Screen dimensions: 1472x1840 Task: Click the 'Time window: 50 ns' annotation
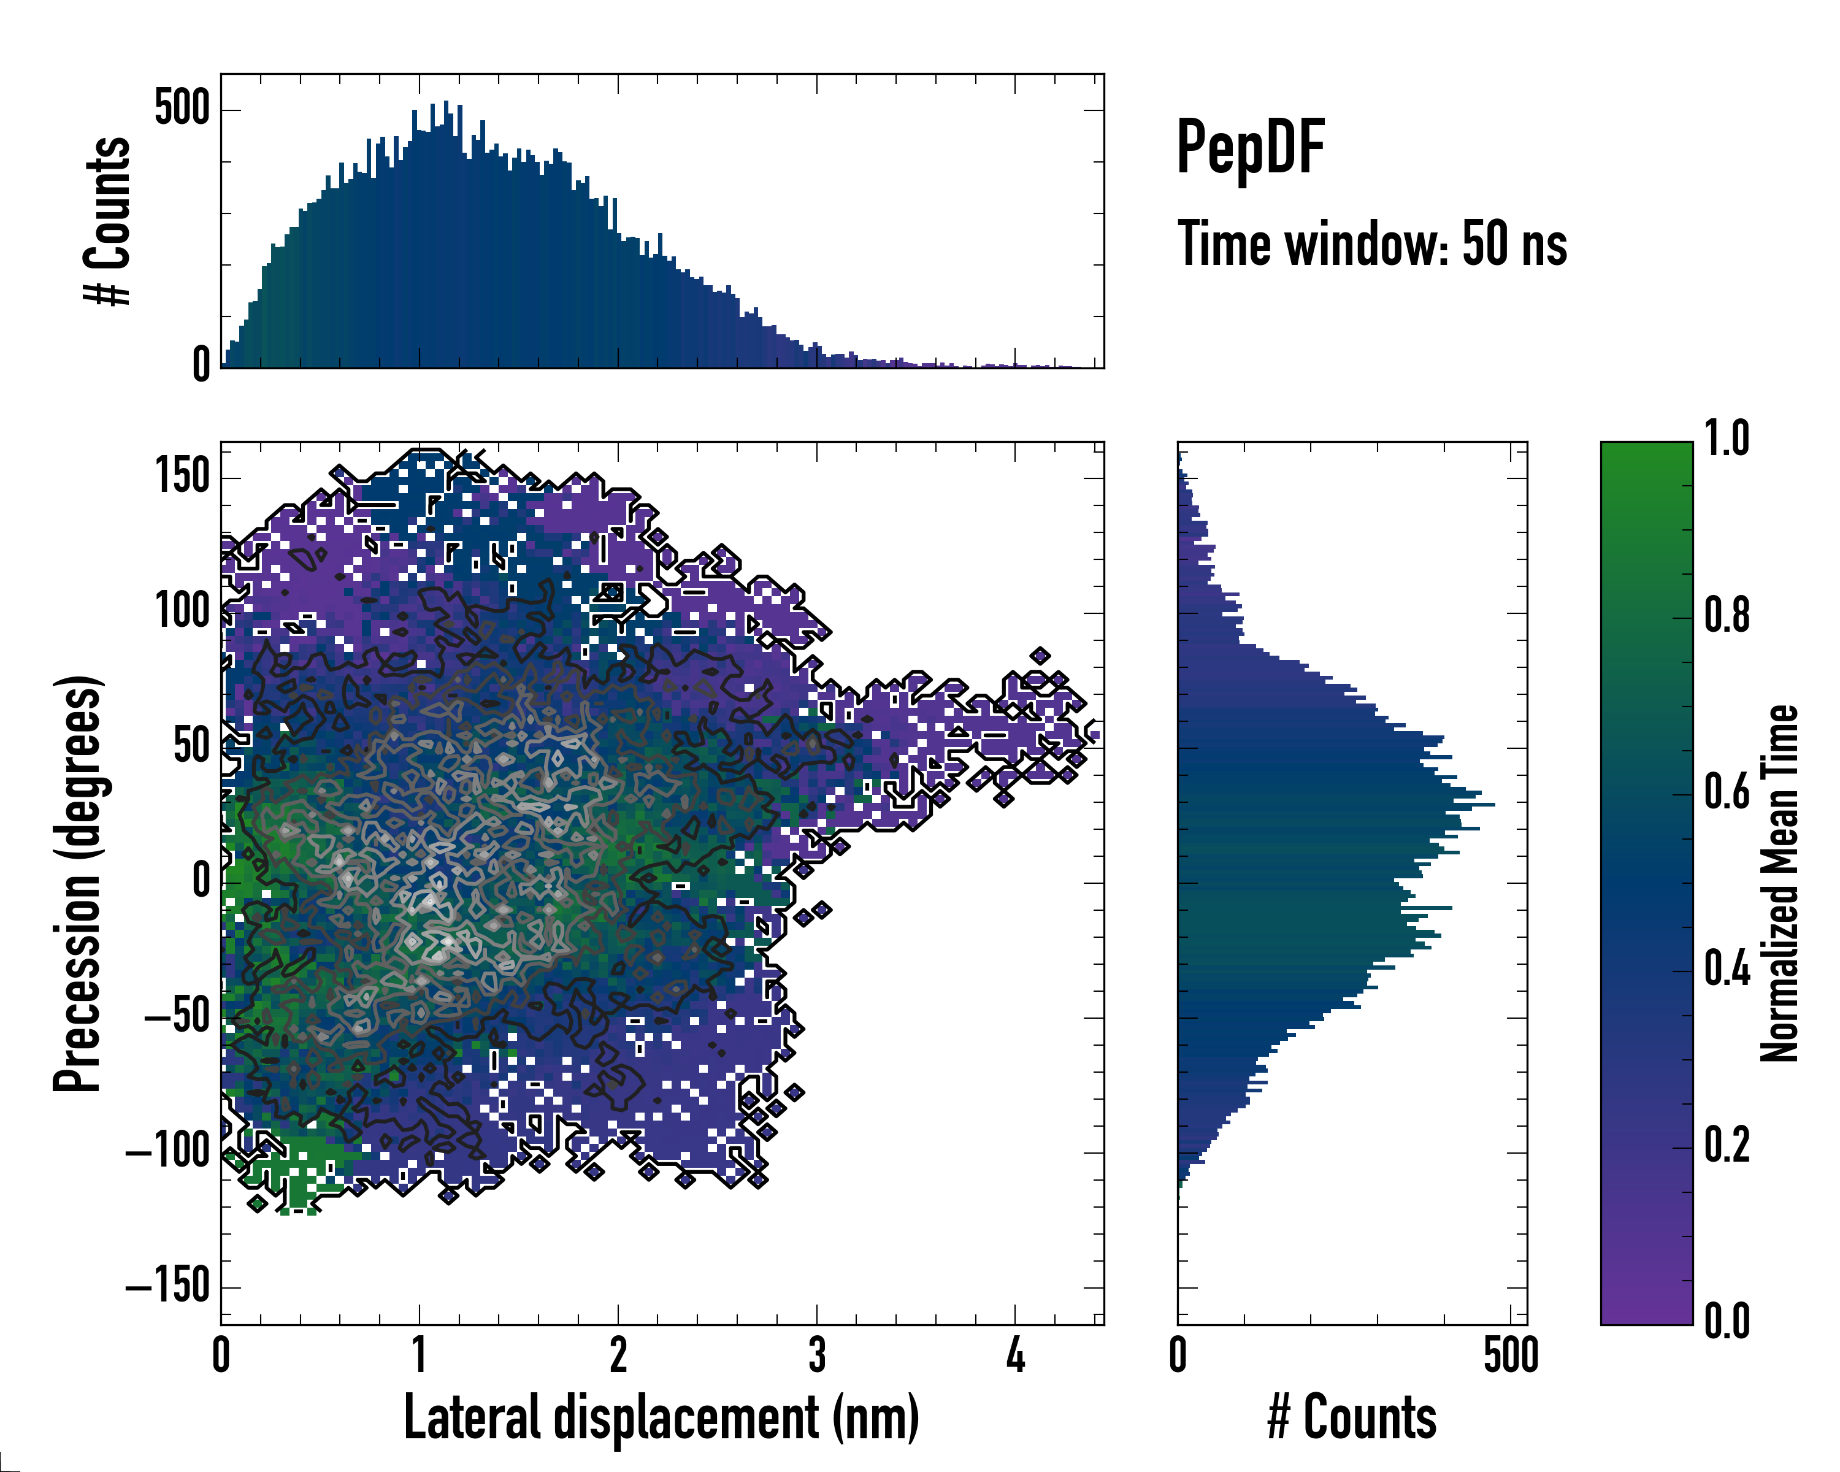pos(1371,244)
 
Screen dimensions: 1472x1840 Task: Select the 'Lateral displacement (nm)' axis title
pos(661,1418)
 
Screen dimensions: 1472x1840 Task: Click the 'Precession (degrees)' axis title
pos(79,883)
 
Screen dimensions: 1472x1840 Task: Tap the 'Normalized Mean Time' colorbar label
pos(1781,883)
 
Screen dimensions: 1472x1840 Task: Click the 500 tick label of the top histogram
pos(182,109)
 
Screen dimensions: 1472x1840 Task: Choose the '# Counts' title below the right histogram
pos(1352,1418)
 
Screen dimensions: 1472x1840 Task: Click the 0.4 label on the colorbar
pos(1727,970)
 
